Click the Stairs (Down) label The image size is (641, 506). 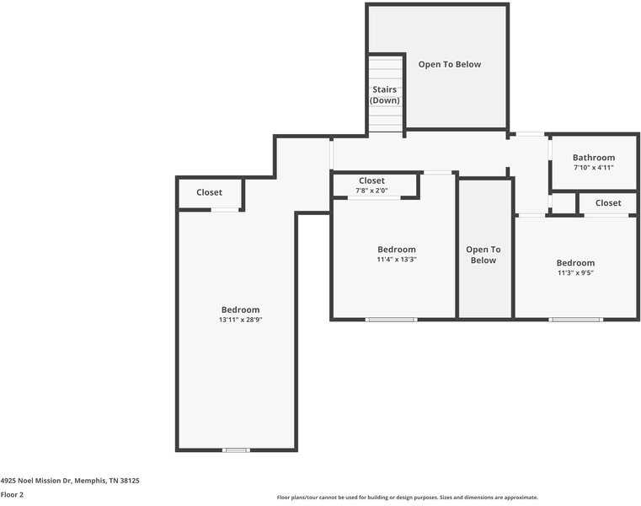[384, 95]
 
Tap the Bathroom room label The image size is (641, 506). [594, 158]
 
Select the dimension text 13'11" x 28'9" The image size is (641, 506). [240, 320]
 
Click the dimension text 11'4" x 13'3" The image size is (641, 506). [397, 259]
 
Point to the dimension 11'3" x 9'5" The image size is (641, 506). [575, 272]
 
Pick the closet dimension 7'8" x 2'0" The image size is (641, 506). [371, 191]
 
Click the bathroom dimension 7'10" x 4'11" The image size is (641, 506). [594, 168]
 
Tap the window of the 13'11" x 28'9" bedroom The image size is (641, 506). [237, 450]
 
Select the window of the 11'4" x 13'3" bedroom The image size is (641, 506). [391, 320]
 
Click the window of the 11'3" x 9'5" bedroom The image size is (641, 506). [575, 320]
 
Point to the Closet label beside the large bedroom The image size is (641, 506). [209, 192]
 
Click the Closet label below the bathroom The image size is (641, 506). [608, 203]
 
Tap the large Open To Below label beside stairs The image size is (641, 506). [450, 64]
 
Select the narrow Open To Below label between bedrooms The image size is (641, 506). [483, 255]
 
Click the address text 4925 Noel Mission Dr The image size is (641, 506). [36, 481]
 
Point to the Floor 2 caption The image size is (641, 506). [12, 494]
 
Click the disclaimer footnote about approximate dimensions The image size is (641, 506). [408, 498]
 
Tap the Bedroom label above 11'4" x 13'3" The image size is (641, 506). [397, 250]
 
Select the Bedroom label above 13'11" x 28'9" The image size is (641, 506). [240, 310]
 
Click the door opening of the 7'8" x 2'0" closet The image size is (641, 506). [374, 198]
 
